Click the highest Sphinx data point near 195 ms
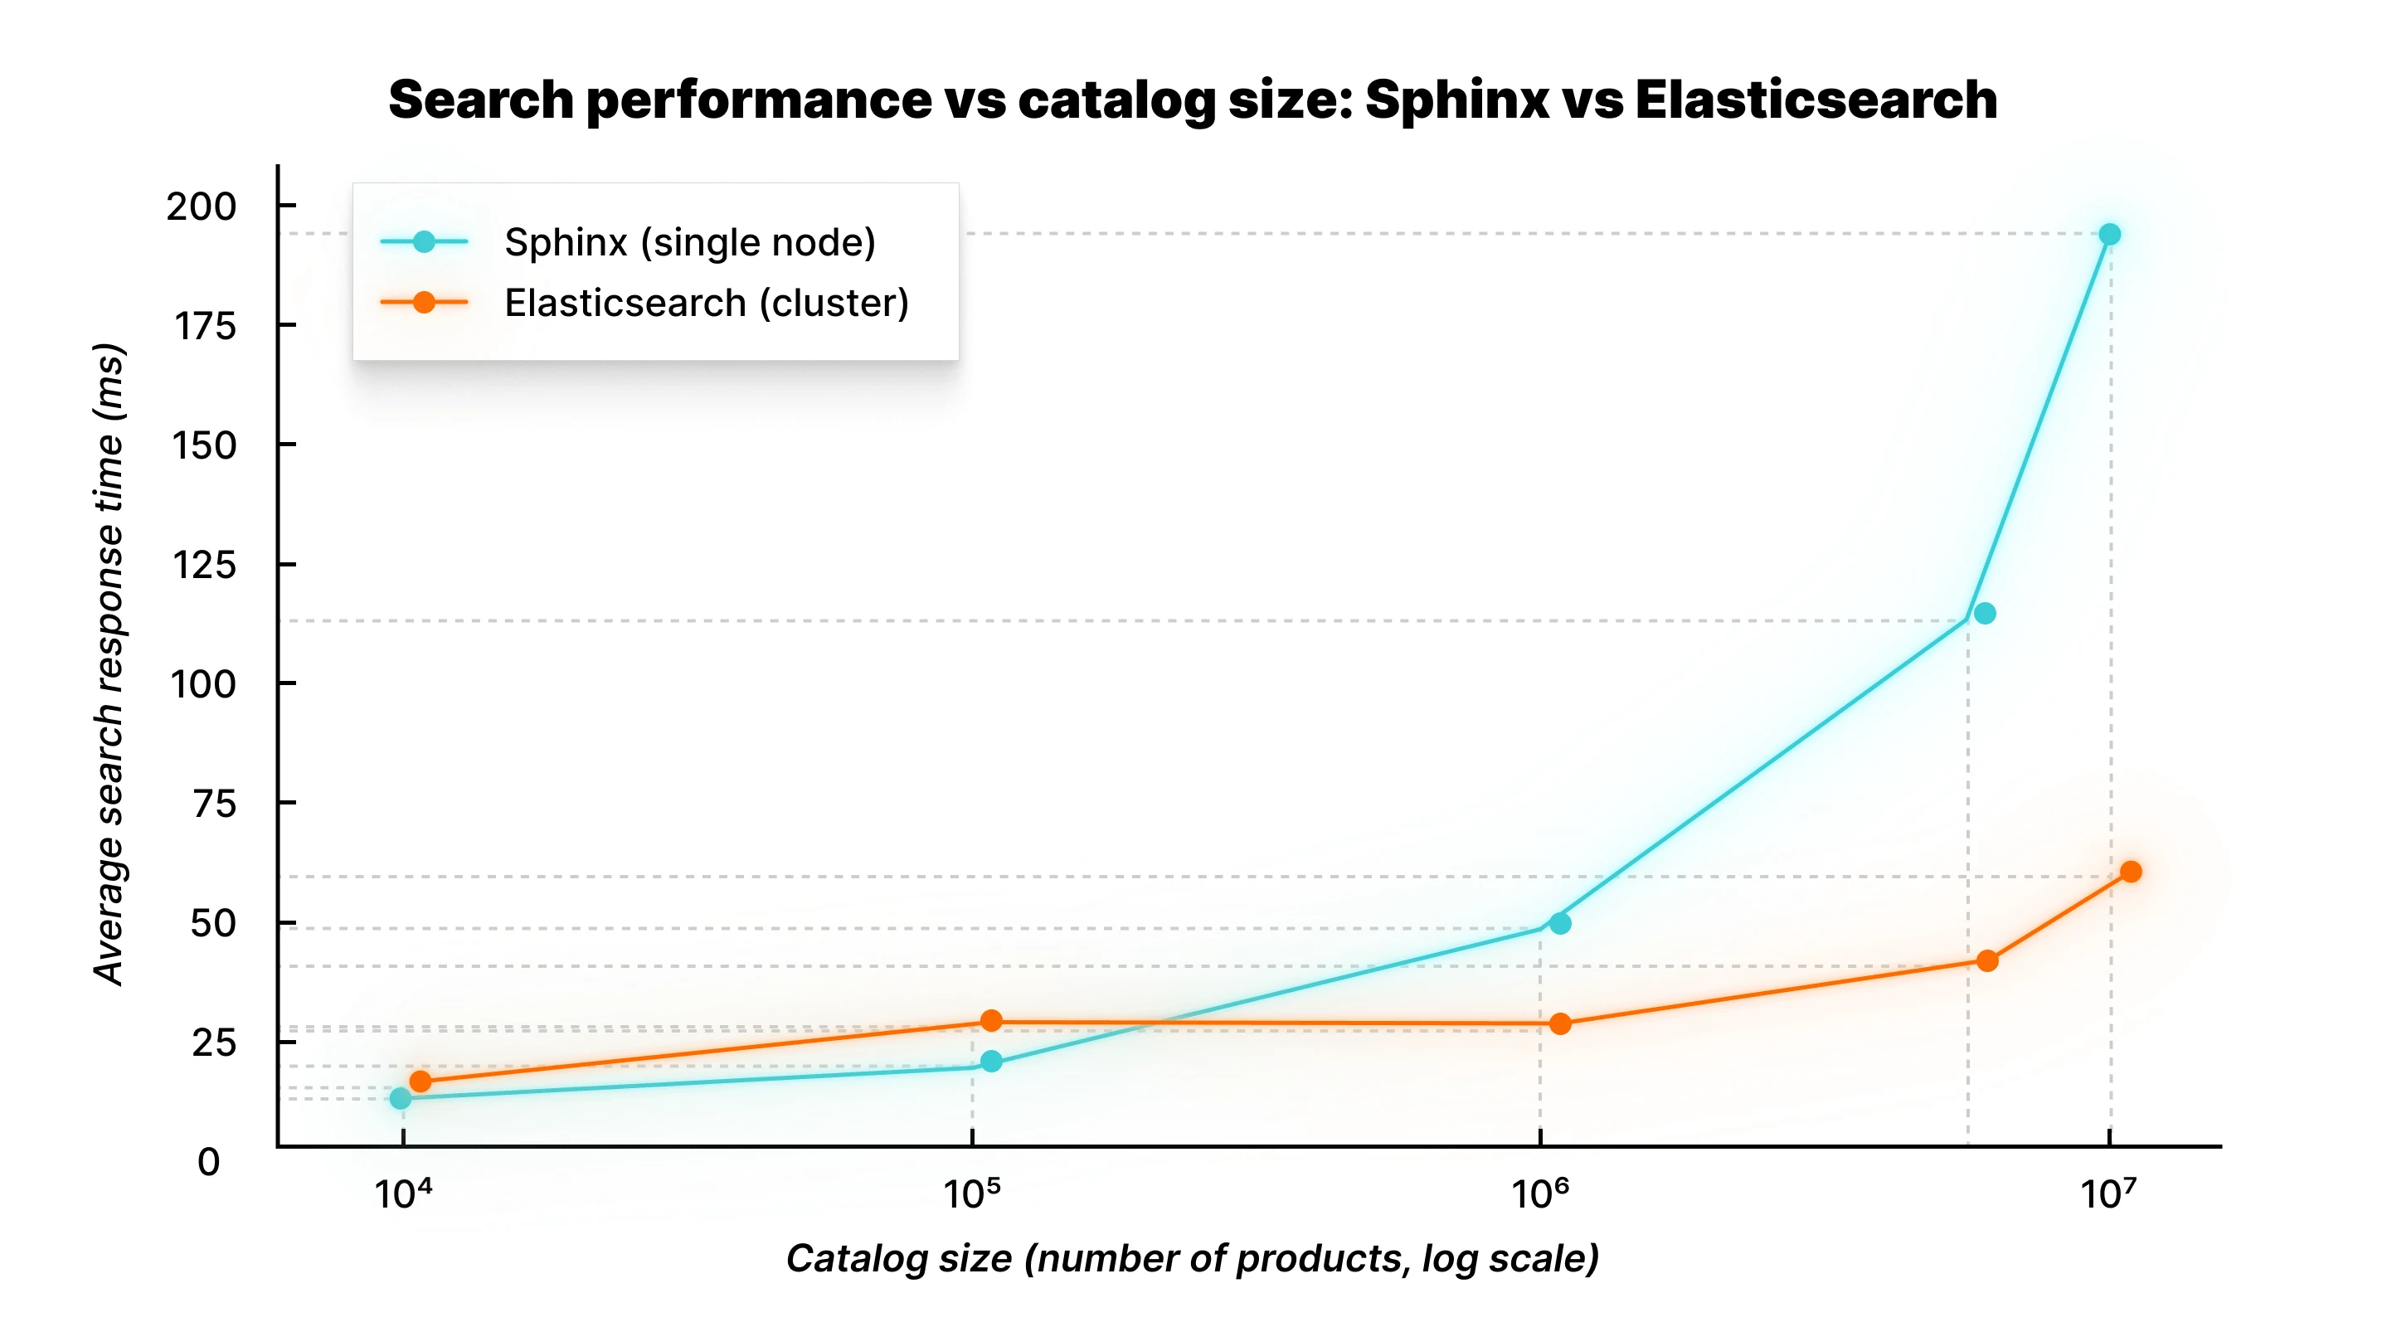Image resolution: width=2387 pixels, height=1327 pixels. pos(2109,235)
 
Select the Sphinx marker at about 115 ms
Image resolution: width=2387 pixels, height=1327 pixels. pos(1984,614)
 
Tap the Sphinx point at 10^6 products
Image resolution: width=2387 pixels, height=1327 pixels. pos(1559,923)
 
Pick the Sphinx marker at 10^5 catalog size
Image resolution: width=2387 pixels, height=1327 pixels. pos(990,1061)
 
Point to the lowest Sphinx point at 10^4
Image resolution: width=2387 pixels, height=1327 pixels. pos(401,1098)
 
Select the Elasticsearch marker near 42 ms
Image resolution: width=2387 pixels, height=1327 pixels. pos(1986,961)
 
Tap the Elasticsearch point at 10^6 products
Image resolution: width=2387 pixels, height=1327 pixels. pos(1559,1024)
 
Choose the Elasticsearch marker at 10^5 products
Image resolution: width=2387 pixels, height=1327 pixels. pos(990,1020)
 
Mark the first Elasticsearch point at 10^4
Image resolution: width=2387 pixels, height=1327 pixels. pos(420,1082)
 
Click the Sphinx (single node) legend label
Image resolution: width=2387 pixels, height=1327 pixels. pos(689,242)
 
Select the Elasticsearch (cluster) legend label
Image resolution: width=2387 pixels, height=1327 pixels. pos(706,303)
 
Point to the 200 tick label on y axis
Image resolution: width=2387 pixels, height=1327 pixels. pos(201,206)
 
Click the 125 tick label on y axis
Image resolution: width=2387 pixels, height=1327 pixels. pos(204,564)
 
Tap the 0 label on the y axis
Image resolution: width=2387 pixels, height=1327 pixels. pos(208,1162)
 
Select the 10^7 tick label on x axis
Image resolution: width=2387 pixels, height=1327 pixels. pos(2107,1193)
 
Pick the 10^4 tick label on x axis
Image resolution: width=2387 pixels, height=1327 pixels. pos(402,1193)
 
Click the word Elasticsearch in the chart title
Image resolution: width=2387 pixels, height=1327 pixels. pos(1815,100)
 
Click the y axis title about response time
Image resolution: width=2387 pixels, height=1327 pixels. pos(109,663)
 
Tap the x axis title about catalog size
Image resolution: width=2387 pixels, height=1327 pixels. pos(1193,1258)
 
